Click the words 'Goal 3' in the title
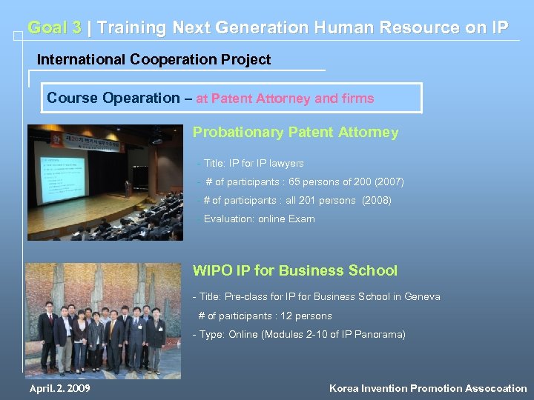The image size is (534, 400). coord(54,28)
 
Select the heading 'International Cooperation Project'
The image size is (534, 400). coord(154,59)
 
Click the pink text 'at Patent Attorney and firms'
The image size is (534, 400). coord(285,98)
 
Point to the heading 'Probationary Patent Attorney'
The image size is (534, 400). coord(295,133)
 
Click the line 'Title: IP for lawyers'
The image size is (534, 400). coord(253,163)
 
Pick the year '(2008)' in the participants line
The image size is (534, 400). coord(376,200)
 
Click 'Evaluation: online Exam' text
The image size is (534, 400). coord(259,219)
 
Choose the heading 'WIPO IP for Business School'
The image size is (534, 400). coord(294,270)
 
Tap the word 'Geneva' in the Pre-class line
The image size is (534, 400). coord(421,296)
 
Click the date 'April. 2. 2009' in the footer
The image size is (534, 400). coord(59,388)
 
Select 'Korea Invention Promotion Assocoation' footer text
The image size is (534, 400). coord(428,388)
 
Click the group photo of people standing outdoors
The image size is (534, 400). coord(103,320)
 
